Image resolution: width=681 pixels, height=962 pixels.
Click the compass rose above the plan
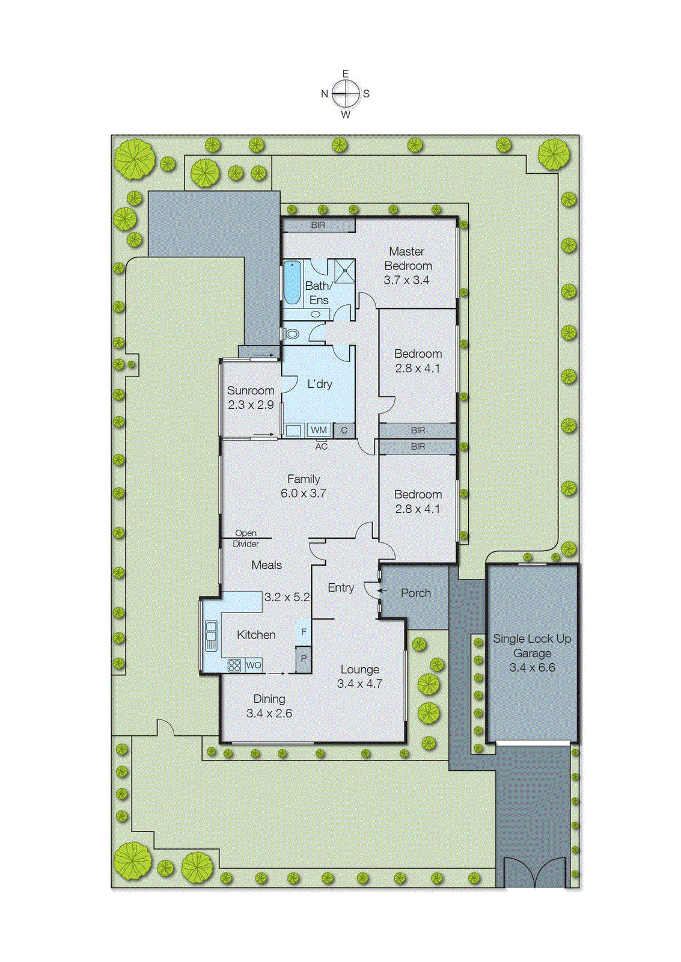point(346,94)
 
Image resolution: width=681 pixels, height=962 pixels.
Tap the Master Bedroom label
point(408,259)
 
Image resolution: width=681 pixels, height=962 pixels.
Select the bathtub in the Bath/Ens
point(292,282)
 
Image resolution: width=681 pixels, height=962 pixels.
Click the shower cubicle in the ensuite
point(345,271)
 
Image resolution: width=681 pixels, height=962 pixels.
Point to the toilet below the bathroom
point(292,332)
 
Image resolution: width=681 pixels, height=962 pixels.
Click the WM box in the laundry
point(319,430)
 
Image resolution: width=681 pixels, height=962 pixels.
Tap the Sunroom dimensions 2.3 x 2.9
point(251,405)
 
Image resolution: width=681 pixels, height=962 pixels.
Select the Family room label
point(304,479)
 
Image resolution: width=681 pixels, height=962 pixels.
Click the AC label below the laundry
point(322,447)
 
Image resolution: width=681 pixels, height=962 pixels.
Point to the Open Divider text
point(246,538)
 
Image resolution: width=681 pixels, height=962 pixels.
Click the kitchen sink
point(211,636)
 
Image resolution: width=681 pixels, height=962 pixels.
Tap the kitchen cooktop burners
point(234,665)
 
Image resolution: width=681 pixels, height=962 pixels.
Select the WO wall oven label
point(254,665)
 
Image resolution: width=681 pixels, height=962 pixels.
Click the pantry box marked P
point(304,659)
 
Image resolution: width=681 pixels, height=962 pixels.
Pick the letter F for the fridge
point(304,632)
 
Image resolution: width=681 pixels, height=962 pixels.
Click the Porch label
point(415,593)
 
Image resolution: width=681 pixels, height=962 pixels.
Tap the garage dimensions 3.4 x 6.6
point(532,667)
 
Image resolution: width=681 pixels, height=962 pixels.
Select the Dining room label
point(269,699)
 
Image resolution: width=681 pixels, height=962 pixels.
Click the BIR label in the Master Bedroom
point(318,225)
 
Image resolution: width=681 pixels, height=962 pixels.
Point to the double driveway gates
point(534,872)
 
